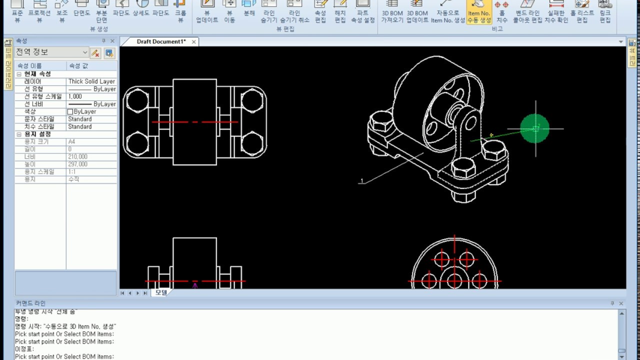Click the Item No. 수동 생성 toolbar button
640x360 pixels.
tap(479, 12)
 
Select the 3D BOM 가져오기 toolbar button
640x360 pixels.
tap(392, 12)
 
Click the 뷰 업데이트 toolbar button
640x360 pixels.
tap(207, 12)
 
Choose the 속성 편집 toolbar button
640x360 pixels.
tap(320, 12)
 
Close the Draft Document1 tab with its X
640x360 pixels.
tap(193, 42)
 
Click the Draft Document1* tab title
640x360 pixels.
tap(161, 42)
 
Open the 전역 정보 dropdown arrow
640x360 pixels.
tap(84, 52)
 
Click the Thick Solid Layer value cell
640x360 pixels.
tap(91, 81)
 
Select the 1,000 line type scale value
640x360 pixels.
tap(75, 96)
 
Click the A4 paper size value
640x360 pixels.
tap(72, 142)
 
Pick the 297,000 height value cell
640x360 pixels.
tap(77, 164)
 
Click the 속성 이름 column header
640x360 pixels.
tap(30, 66)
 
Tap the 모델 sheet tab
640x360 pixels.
tap(161, 292)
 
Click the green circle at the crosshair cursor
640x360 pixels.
tap(535, 128)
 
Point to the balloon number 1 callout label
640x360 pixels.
tap(361, 181)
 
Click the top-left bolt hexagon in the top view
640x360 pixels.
tap(136, 100)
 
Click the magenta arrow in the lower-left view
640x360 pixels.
tap(195, 285)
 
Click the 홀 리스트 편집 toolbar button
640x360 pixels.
tap(582, 12)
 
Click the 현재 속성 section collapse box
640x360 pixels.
tap(19, 74)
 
